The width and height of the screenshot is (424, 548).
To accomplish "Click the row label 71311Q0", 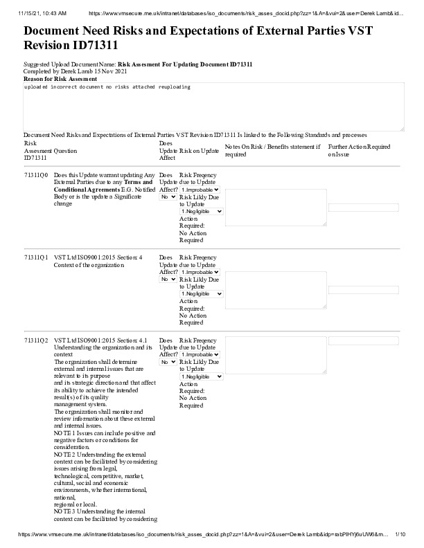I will pyautogui.click(x=36, y=176).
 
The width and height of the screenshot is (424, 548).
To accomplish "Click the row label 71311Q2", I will pyautogui.click(x=36, y=340).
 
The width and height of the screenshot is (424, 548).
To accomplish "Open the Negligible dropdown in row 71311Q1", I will pyautogui.click(x=201, y=294).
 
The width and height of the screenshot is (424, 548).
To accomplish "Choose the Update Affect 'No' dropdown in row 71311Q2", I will pyautogui.click(x=168, y=362).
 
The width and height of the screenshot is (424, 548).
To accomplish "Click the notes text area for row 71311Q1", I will pyautogui.click(x=276, y=289).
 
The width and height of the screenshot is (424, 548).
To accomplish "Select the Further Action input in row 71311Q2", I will pyautogui.click(x=364, y=341).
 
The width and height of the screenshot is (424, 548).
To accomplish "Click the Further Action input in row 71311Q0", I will pyautogui.click(x=364, y=208).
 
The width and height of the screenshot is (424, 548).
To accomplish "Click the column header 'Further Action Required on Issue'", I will pyautogui.click(x=359, y=150).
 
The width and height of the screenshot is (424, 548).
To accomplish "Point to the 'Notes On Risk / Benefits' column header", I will pyautogui.click(x=272, y=150).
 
